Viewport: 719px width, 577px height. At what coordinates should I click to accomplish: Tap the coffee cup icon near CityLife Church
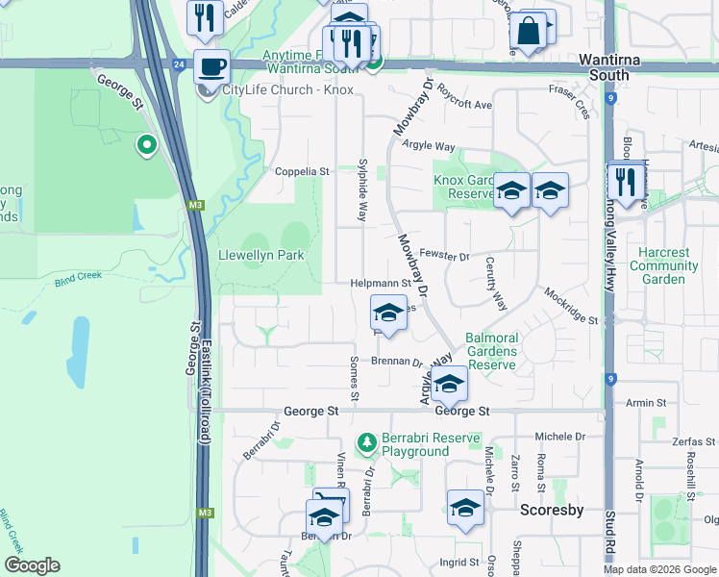click(211, 67)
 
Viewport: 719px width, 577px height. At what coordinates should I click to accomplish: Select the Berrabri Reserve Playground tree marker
click(366, 442)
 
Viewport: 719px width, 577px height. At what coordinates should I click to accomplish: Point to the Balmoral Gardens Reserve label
click(491, 351)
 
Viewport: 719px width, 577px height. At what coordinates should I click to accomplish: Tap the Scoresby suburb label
click(552, 510)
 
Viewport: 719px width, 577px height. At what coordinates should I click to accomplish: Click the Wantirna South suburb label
click(605, 67)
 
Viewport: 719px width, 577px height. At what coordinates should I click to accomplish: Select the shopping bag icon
click(528, 30)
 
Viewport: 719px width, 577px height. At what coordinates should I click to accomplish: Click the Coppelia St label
click(302, 172)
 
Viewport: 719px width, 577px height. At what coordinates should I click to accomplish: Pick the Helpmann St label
click(380, 284)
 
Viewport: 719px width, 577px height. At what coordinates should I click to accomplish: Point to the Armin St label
click(647, 403)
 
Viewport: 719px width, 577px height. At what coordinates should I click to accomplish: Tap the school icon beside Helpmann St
click(388, 314)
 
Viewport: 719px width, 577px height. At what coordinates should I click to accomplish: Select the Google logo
click(34, 565)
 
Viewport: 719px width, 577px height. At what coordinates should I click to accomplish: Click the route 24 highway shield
click(180, 64)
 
